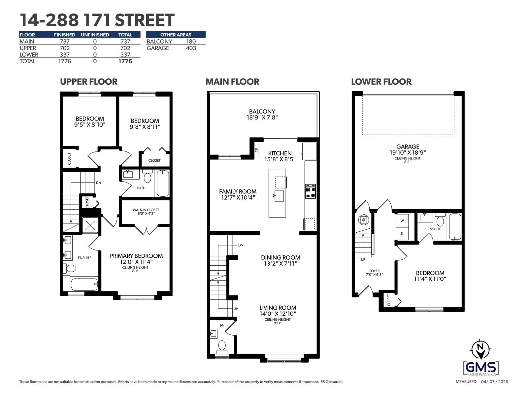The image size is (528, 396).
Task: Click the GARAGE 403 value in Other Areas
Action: click(x=191, y=48)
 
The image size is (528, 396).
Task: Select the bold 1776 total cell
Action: click(x=125, y=61)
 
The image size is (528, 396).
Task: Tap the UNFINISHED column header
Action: click(x=95, y=35)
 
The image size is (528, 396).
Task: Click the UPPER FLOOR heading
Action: click(x=88, y=82)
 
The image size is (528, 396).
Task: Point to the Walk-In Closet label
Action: click(x=146, y=212)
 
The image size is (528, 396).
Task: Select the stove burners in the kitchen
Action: click(x=310, y=191)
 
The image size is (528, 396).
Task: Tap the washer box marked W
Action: click(x=402, y=221)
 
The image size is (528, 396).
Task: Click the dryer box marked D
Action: click(x=402, y=234)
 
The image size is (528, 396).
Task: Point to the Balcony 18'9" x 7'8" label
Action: click(x=262, y=114)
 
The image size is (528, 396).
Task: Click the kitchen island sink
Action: click(x=279, y=195)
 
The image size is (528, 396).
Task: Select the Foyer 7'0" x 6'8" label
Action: click(x=374, y=273)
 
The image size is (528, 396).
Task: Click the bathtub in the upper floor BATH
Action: click(x=162, y=183)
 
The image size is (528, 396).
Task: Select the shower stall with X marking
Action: click(x=90, y=225)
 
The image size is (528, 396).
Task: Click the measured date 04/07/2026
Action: click(x=494, y=382)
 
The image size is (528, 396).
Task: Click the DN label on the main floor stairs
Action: click(x=241, y=245)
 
